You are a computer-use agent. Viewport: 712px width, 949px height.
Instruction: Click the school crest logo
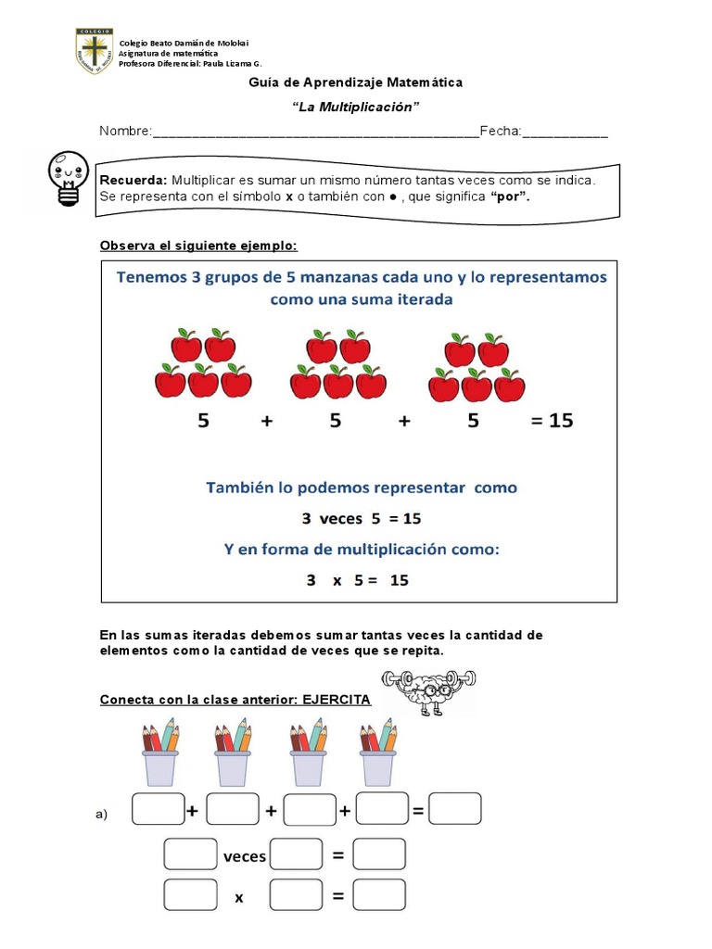pos(95,52)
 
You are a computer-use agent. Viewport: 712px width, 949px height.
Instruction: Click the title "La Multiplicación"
pos(355,107)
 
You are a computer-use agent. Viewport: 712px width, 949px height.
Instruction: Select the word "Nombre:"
pos(125,132)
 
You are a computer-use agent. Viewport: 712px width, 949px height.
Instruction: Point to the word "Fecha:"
pos(501,132)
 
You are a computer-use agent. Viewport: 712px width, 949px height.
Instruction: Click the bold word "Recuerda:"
pos(133,180)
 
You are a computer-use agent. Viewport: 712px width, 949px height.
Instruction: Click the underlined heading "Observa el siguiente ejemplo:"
pos(198,246)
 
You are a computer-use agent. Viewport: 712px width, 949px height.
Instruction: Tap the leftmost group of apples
pos(203,363)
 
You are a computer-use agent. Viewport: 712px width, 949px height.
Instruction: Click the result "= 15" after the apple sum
pos(552,421)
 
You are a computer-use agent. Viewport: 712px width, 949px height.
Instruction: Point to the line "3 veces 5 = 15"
pos(357,518)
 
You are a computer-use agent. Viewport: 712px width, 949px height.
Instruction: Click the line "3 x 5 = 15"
pos(357,581)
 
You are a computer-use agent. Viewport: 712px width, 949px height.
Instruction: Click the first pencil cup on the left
pos(160,752)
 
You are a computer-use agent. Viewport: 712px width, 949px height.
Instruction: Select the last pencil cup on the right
pos(379,752)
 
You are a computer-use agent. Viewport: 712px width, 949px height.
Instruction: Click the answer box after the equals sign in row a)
pos(455,809)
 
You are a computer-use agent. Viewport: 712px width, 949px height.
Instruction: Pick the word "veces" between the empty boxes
pos(245,856)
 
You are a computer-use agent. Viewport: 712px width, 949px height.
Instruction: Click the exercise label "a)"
pos(102,815)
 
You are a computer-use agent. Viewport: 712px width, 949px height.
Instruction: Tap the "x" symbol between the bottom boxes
pos(238,897)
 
